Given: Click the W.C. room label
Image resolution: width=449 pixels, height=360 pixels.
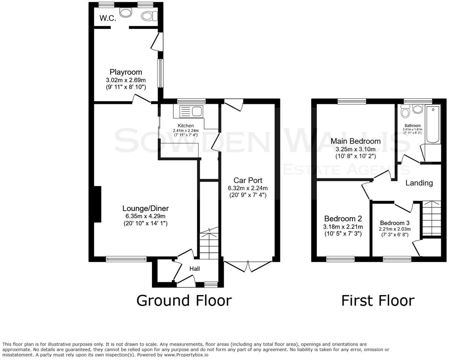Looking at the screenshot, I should coord(108,18).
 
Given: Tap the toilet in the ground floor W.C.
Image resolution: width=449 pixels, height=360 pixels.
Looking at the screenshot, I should coord(149,16).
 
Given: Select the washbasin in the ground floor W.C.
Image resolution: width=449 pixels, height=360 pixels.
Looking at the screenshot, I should coord(125,13).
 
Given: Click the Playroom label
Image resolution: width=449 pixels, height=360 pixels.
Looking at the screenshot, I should coord(126,72).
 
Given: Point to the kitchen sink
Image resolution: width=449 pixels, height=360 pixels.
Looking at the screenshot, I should coord(197,112).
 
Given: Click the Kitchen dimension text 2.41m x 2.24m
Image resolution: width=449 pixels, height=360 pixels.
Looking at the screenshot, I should coord(186,131).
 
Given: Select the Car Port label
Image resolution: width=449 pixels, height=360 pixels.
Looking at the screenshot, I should coord(248,180).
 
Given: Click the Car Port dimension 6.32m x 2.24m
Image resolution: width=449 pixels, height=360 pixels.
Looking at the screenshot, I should coord(248,188).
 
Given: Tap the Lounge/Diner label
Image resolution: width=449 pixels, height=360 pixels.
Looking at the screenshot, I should coord(145,209).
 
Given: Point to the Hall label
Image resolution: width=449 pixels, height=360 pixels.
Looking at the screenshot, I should coord(194,269).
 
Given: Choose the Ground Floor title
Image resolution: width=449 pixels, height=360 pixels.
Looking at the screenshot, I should coord(184,300).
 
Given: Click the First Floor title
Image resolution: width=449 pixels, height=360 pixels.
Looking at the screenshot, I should coord(378,300).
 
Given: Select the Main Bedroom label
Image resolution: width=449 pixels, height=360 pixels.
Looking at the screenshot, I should coord(355,141).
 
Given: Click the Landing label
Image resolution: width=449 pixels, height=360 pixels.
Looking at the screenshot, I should coord(419,183).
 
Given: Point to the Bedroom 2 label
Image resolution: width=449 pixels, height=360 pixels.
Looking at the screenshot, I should coord(343,219).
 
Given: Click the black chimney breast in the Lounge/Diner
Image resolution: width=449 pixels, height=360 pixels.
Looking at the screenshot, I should coord(97,204).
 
